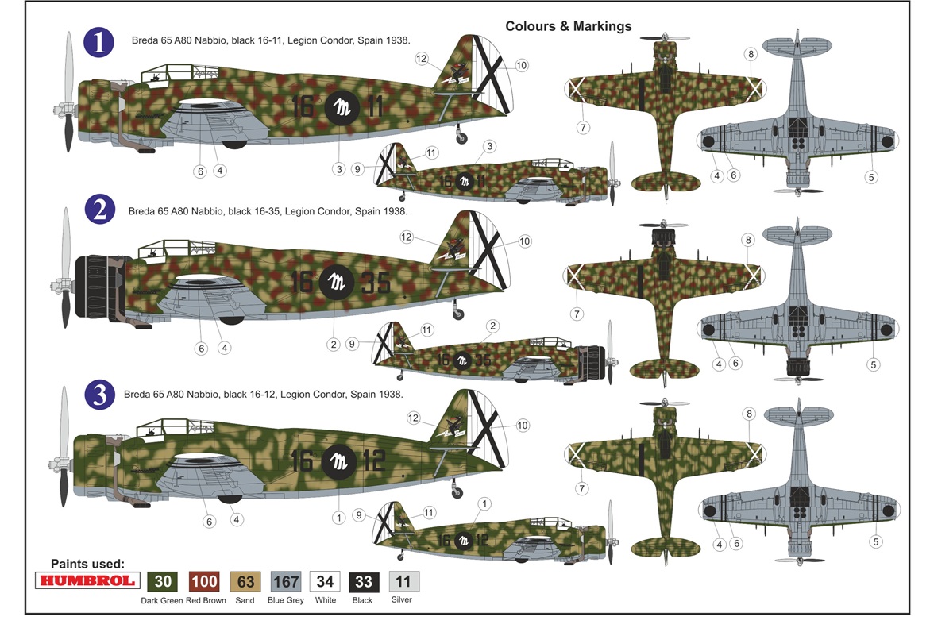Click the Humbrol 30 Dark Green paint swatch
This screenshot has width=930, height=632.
(x=163, y=582)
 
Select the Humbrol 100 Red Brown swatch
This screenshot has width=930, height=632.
(x=204, y=582)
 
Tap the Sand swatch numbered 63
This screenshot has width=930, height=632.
(x=245, y=582)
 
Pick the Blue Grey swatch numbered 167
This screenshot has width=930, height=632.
(x=286, y=582)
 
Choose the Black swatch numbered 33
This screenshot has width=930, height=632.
(x=364, y=582)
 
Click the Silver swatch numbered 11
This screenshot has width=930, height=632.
(x=403, y=581)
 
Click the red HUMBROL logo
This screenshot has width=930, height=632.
(x=88, y=580)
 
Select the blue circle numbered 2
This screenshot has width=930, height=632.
(x=99, y=210)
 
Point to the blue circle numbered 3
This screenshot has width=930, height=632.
(x=99, y=395)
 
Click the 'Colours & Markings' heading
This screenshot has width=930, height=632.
(x=568, y=26)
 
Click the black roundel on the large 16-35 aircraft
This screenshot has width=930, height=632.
(x=336, y=282)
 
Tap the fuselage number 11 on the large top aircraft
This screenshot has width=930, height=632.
(x=375, y=106)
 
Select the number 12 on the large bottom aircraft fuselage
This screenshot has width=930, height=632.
(x=373, y=461)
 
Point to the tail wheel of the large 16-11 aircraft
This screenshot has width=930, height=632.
(x=461, y=139)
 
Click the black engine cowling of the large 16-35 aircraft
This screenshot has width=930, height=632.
(x=98, y=287)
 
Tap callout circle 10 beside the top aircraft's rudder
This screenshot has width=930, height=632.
(x=521, y=65)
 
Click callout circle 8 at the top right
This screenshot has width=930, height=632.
(x=751, y=54)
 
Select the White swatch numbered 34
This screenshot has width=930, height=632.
(x=325, y=582)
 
